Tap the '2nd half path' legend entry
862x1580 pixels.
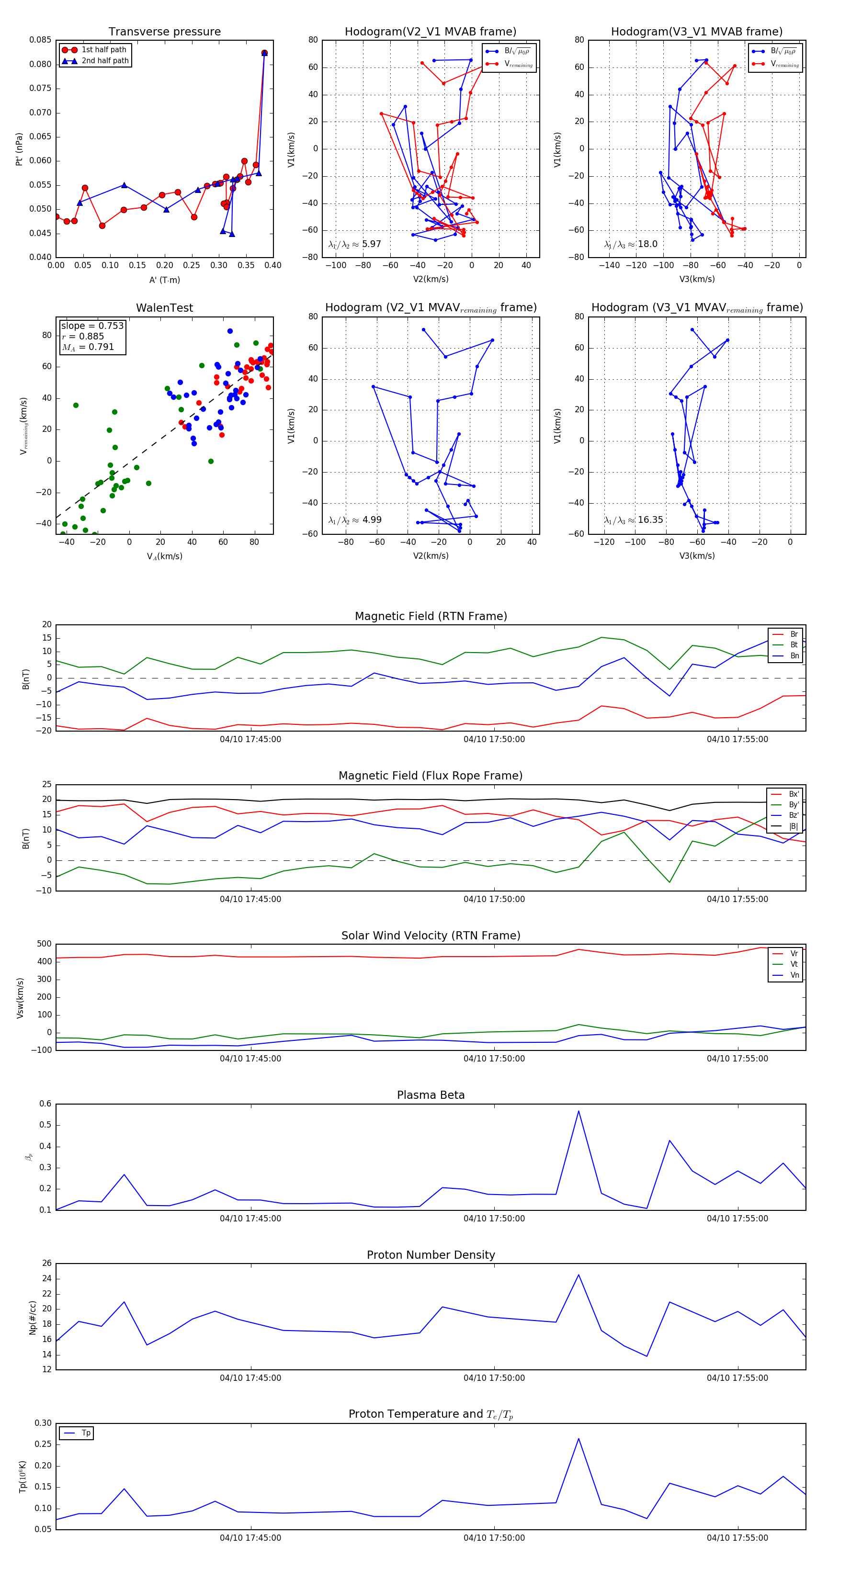point(105,61)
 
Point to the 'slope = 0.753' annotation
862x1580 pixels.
point(92,326)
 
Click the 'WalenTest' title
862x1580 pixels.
point(164,308)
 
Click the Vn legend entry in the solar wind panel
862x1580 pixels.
point(794,975)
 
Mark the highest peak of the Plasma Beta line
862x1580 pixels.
point(578,1111)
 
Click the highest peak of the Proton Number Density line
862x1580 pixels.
point(578,1275)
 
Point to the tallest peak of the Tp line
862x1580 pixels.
point(578,1438)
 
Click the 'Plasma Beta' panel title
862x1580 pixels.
point(431,1095)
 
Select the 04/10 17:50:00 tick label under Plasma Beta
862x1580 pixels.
point(494,1218)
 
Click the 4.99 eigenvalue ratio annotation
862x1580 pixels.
point(372,520)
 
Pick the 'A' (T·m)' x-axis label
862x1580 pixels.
point(164,280)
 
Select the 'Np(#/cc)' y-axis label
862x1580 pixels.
point(33,1318)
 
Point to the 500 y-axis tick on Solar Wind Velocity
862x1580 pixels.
point(44,944)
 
